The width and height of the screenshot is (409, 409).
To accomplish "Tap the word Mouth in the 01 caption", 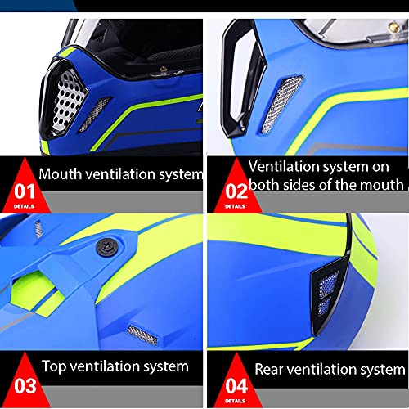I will (62, 173).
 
